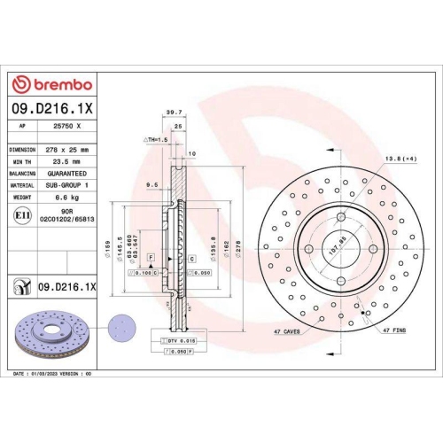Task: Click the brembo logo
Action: tap(52, 84)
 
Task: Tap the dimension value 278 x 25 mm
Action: tap(68, 151)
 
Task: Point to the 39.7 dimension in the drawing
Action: tap(174, 113)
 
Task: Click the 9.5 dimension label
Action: tap(152, 185)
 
